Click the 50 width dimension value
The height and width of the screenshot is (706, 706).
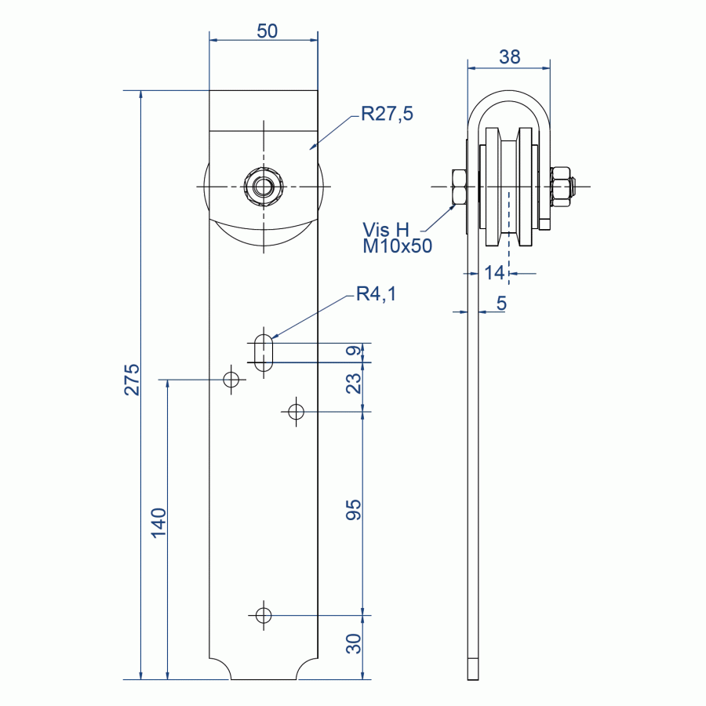[x=267, y=31]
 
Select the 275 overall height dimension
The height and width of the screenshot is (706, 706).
[x=132, y=380]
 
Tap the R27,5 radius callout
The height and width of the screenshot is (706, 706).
[x=387, y=114]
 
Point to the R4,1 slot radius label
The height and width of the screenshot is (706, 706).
[x=376, y=293]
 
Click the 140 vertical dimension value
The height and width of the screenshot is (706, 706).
[x=158, y=522]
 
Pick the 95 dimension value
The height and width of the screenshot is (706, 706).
[x=354, y=510]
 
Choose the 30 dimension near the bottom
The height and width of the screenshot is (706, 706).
[x=354, y=643]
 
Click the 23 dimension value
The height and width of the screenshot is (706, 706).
[x=354, y=383]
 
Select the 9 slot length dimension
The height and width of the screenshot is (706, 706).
[x=354, y=350]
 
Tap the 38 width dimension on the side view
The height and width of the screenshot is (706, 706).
[x=510, y=56]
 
